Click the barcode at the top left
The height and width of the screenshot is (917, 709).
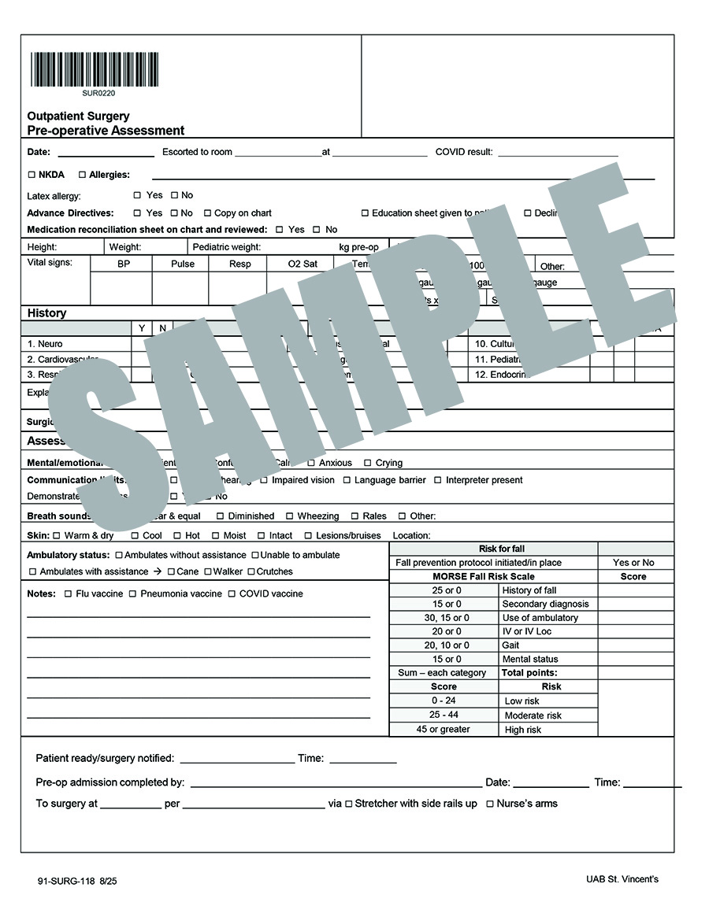(95, 69)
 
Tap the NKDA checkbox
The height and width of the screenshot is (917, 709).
(32, 175)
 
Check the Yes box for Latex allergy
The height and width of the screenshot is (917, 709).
(137, 195)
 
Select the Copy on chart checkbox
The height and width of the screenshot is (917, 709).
(207, 213)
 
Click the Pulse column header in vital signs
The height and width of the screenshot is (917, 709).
(183, 264)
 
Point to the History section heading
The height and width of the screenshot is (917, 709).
(47, 313)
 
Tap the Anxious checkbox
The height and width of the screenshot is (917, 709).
(311, 463)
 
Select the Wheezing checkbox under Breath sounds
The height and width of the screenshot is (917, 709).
(289, 516)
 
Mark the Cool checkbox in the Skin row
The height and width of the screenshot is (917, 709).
(135, 536)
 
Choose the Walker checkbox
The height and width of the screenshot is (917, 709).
(208, 572)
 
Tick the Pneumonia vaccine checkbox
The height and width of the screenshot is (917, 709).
(132, 594)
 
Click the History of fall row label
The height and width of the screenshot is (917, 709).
(529, 590)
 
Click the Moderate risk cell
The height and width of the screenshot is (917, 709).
(533, 715)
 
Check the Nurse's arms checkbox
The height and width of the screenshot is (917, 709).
(490, 804)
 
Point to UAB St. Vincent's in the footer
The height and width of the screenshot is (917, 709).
(622, 879)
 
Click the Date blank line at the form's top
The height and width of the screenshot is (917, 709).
(106, 153)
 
